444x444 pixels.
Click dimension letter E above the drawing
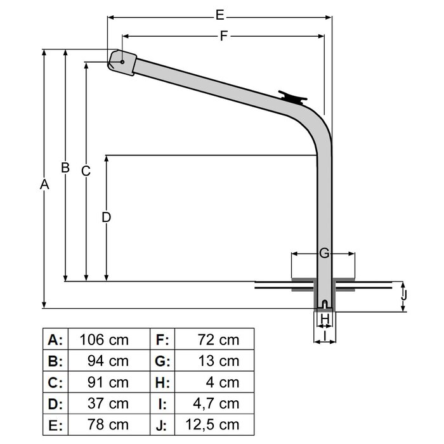coord(219,13)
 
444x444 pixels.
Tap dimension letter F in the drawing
coord(223,36)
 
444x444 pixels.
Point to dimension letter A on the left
coord(44,185)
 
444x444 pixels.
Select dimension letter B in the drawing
coord(65,167)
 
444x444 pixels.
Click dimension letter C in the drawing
coord(86,171)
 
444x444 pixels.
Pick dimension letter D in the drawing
coord(107,217)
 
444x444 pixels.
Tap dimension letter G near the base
coord(323,254)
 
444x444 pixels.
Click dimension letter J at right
coord(404,295)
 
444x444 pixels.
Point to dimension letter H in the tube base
coord(324,318)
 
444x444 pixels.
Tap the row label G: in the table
coord(161,362)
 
